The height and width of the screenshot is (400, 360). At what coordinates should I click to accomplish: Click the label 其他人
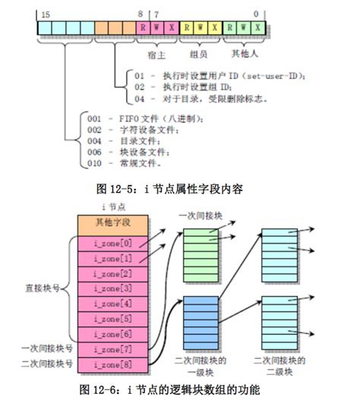tap(243, 55)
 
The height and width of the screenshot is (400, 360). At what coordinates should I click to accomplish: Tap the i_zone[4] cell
tap(112, 304)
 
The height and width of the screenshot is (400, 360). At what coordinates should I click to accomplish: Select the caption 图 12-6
tap(177, 389)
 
